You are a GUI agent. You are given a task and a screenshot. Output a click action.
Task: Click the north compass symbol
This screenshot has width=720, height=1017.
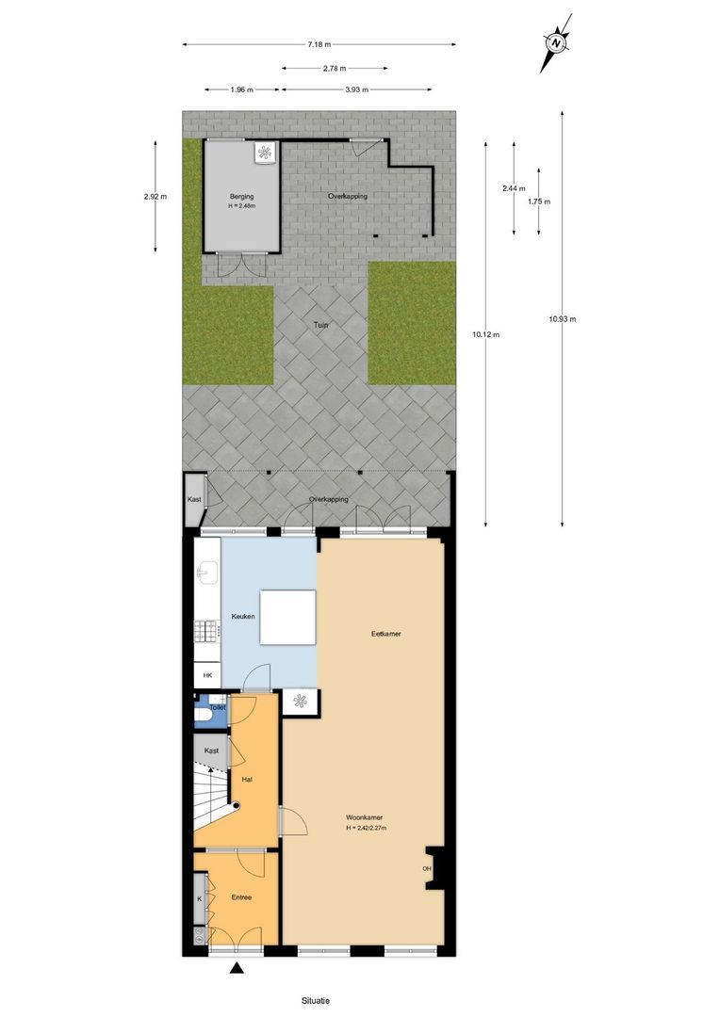(x=556, y=42)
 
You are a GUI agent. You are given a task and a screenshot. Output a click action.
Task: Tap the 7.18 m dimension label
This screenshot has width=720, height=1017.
(x=319, y=44)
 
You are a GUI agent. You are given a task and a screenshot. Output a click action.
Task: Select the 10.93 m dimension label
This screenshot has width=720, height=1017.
(x=562, y=319)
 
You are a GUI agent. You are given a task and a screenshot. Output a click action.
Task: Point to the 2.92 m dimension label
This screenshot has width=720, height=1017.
(x=155, y=197)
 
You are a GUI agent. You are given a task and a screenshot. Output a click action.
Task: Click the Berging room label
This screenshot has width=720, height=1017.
(x=241, y=197)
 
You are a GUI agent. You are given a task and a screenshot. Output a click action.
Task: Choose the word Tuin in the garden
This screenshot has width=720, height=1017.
(x=321, y=325)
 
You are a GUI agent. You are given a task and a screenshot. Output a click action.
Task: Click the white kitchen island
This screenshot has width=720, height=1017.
(x=287, y=617)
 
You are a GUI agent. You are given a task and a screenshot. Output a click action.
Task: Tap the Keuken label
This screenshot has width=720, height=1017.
(x=243, y=617)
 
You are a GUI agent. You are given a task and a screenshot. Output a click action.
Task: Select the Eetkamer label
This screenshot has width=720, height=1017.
(x=386, y=634)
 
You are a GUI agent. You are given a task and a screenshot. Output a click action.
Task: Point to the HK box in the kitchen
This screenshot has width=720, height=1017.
(x=207, y=676)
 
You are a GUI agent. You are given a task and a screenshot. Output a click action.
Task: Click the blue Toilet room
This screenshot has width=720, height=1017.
(x=211, y=713)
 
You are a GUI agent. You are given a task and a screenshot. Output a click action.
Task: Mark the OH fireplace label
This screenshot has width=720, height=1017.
(x=427, y=868)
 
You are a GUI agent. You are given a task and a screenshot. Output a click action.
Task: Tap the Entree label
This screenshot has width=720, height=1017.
(x=241, y=897)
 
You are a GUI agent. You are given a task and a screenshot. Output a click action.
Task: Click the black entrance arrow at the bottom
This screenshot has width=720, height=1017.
(x=237, y=969)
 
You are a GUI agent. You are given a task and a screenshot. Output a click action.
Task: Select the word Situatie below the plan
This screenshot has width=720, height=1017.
(x=316, y=1000)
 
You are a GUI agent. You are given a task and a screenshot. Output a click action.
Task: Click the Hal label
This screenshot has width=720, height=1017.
(x=247, y=780)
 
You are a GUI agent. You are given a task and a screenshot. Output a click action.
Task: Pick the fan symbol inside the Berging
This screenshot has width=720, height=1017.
(x=265, y=152)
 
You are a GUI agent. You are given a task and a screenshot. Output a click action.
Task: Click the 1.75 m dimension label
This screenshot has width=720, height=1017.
(x=539, y=202)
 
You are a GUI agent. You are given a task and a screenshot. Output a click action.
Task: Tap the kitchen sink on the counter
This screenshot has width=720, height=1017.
(x=207, y=572)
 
